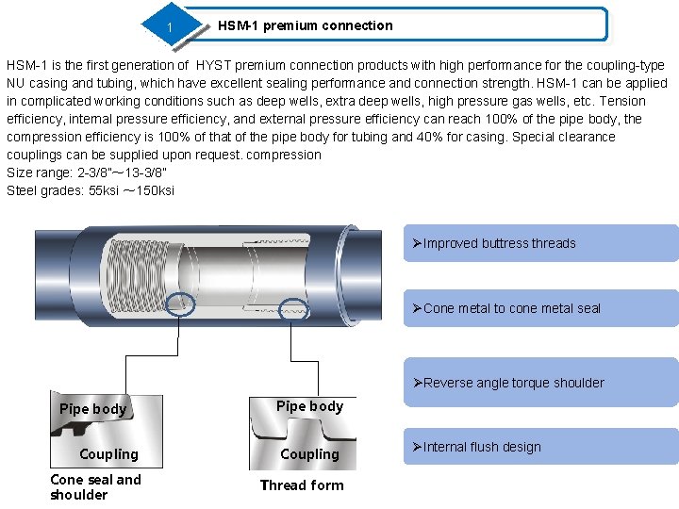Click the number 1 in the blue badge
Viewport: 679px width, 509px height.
click(170, 26)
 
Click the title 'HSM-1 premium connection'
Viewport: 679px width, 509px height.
click(305, 25)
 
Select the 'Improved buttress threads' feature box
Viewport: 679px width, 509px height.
click(540, 243)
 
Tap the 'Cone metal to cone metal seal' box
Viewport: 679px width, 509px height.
click(540, 308)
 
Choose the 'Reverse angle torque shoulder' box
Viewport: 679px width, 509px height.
click(540, 383)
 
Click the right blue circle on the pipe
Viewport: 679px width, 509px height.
click(294, 308)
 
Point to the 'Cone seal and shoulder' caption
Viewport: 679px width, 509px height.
click(95, 486)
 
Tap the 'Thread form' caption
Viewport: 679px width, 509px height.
click(302, 485)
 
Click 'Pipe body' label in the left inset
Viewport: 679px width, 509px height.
click(92, 409)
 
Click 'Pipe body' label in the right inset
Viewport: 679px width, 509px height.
click(309, 406)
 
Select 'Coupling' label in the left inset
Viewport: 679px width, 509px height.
click(108, 454)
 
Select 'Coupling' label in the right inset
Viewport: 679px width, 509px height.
click(309, 454)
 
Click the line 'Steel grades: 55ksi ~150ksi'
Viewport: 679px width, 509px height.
click(91, 190)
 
